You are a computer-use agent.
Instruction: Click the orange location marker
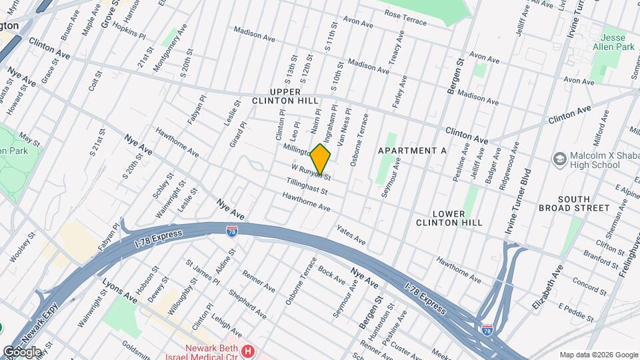tap(321, 159)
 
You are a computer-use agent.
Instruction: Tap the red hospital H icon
tap(248, 351)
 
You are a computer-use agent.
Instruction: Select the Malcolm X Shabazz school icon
tap(559, 158)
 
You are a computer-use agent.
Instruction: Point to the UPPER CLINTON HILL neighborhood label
tap(285, 96)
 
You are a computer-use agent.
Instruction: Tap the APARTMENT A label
tap(412, 151)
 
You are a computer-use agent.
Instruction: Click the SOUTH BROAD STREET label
tap(583, 203)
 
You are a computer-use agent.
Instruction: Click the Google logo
tap(22, 351)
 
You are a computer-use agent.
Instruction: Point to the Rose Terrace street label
tap(405, 21)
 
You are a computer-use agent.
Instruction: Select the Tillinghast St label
tap(307, 186)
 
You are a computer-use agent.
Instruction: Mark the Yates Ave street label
tap(351, 234)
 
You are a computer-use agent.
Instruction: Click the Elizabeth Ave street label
tap(539, 285)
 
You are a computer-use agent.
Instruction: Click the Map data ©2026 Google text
tap(597, 355)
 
